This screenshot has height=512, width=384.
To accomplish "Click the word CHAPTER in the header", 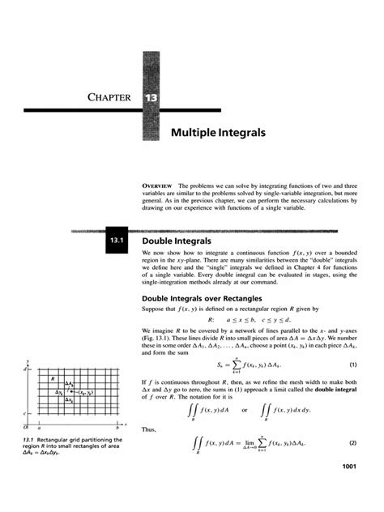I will click(109, 99).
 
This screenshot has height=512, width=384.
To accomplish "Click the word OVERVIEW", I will click(157, 186).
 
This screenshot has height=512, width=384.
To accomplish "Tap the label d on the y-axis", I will click(27, 369).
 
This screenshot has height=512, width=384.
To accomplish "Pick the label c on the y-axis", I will click(27, 413).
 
